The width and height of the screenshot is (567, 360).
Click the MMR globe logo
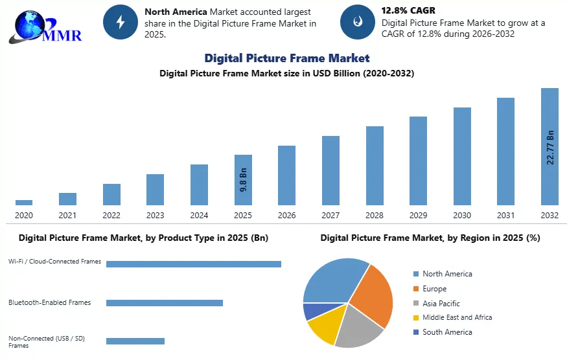click(45, 27)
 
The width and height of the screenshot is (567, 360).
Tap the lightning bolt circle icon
click(121, 22)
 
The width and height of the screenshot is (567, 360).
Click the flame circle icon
click(358, 22)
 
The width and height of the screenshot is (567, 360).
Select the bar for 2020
click(24, 203)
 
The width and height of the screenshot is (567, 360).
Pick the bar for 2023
click(155, 190)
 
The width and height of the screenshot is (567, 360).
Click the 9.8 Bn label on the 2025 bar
click(244, 179)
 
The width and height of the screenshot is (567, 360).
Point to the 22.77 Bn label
click(550, 148)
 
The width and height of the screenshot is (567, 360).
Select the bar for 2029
click(419, 161)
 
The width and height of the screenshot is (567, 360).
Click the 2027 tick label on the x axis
click(330, 216)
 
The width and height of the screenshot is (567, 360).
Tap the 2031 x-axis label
click(505, 216)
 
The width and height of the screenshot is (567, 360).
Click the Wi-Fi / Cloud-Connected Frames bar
click(194, 264)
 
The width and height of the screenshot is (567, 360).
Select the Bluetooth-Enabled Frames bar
click(165, 303)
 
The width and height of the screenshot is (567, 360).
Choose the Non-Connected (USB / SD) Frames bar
click(135, 341)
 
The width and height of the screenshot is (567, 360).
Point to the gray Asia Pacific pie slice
click(358, 327)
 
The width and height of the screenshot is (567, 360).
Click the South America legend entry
click(443, 332)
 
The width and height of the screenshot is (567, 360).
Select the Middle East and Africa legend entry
click(452, 317)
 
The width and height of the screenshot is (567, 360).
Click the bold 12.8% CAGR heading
click(408, 10)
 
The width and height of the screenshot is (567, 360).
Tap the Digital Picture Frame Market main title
click(287, 58)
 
